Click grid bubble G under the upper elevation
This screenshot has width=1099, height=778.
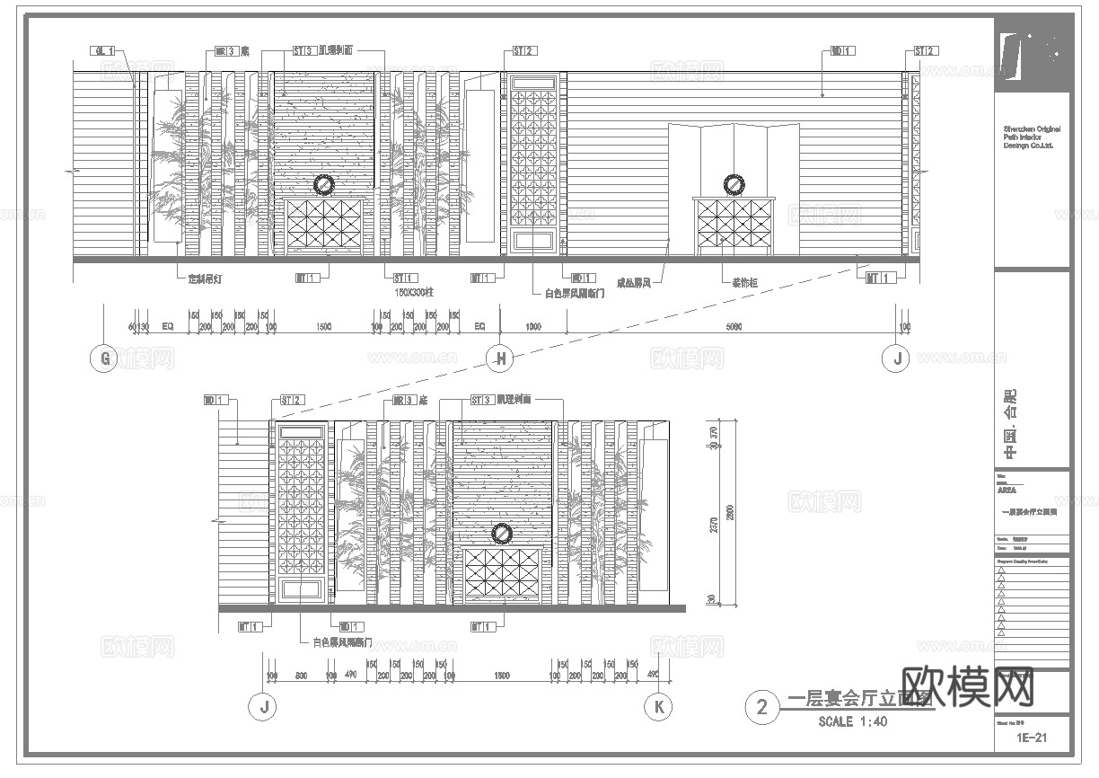click(104, 359)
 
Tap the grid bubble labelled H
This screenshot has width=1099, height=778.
click(499, 359)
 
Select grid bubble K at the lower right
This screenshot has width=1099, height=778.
click(658, 707)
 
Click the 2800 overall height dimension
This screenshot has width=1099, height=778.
click(730, 510)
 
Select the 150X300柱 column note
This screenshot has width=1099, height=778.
click(414, 292)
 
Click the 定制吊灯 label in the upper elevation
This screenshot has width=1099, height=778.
click(205, 279)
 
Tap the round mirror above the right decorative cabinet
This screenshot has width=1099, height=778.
click(734, 184)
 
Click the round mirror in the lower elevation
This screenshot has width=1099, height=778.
click(501, 534)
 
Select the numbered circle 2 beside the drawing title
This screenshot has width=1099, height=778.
click(762, 707)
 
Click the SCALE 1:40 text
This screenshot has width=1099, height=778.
click(852, 721)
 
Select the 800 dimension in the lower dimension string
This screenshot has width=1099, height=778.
click(302, 676)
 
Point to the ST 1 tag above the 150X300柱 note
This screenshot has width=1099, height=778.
click(405, 278)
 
